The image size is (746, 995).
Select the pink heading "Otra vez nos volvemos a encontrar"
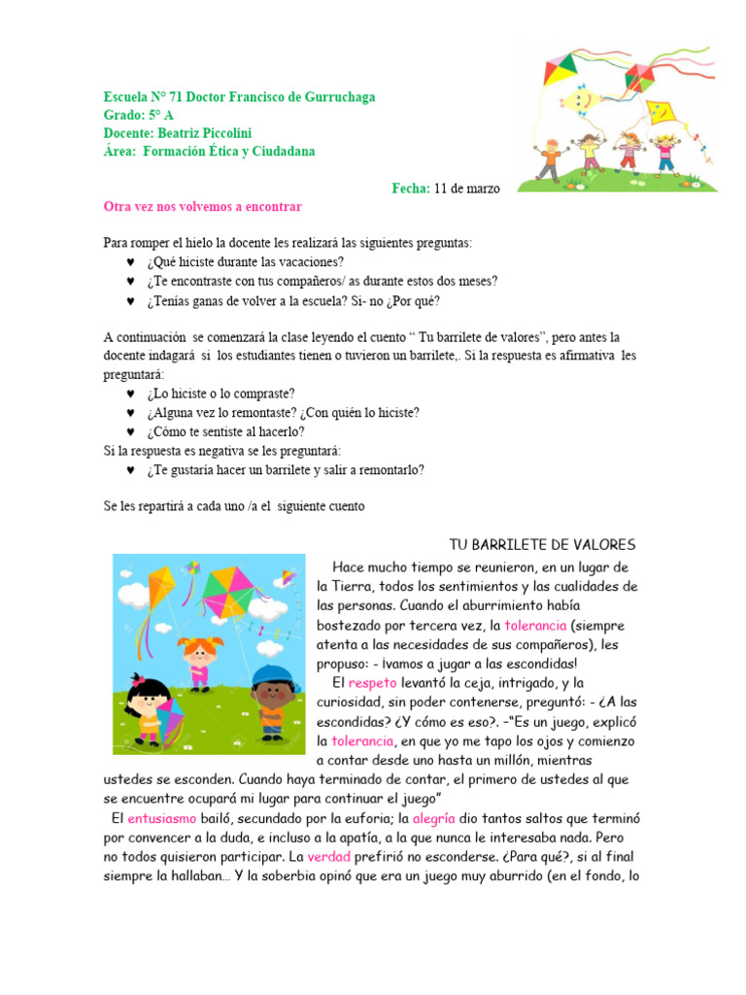point(202,207)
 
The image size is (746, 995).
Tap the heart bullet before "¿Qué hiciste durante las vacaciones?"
point(131,262)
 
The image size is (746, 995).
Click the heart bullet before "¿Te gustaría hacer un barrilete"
point(131,470)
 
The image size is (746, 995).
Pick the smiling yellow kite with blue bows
point(579,100)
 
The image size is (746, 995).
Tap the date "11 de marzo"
point(467,189)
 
